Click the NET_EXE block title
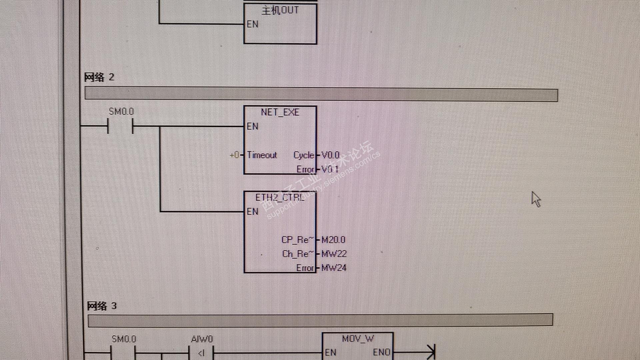tap(280, 112)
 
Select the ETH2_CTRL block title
tap(280, 198)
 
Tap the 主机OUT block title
tap(280, 10)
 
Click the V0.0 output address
tap(330, 155)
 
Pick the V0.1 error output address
tap(330, 169)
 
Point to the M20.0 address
tap(333, 240)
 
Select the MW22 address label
tap(334, 254)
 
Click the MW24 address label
tap(334, 268)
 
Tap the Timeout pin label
tap(262, 155)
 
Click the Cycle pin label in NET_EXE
tap(304, 155)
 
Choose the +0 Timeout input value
tap(234, 155)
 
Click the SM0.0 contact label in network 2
tap(121, 112)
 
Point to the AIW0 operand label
tap(202, 339)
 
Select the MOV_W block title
tap(358, 339)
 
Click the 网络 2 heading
tap(99, 77)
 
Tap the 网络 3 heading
tap(102, 306)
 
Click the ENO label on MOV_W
tap(381, 353)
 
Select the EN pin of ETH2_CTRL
tap(252, 212)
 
